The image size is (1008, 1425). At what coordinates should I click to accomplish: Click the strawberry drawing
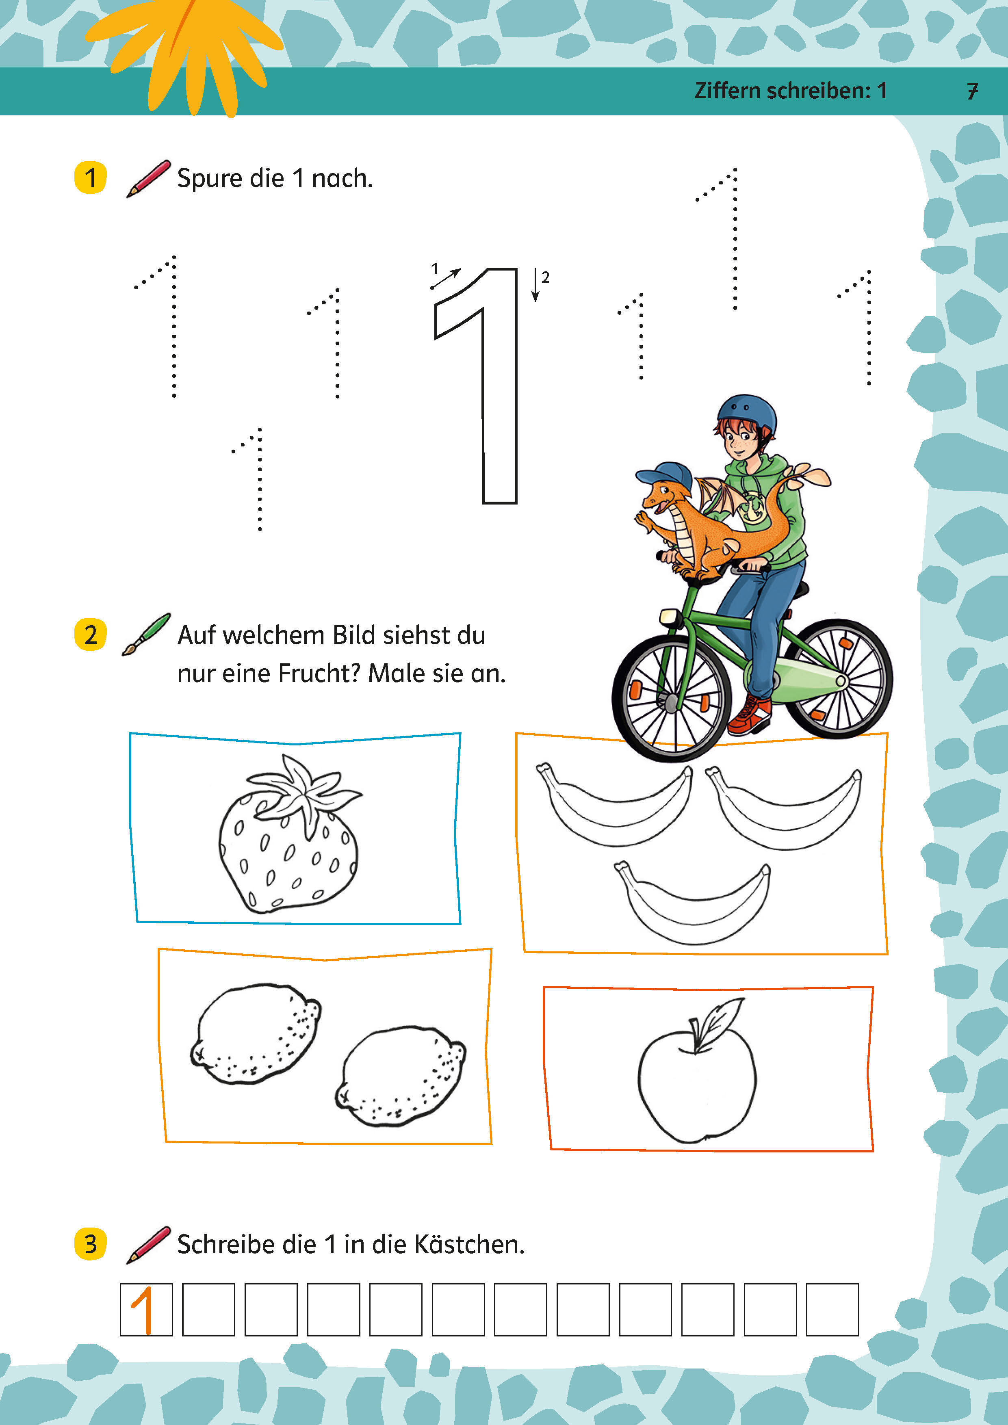(288, 835)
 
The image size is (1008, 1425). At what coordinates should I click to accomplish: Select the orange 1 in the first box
(143, 1310)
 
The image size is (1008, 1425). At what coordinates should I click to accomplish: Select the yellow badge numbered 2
(91, 634)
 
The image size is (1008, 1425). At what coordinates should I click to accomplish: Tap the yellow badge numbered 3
(91, 1244)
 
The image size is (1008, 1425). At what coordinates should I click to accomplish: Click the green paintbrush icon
(146, 634)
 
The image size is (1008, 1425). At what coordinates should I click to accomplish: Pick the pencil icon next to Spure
(148, 179)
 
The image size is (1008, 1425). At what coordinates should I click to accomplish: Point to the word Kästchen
(469, 1244)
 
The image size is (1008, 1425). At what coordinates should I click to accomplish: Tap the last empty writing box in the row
(832, 1310)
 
